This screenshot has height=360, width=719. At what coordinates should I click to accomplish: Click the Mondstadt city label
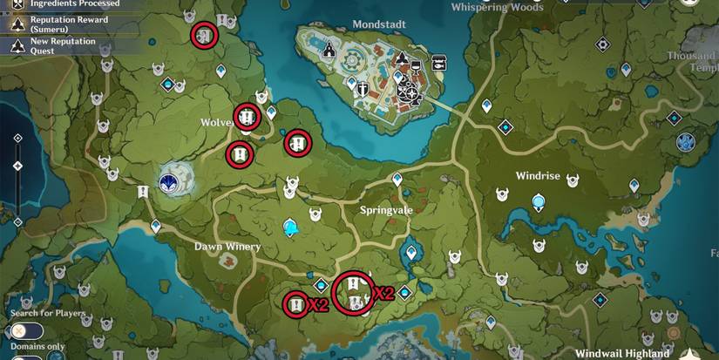coord(380,24)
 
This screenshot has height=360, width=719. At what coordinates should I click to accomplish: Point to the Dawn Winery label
coord(227,247)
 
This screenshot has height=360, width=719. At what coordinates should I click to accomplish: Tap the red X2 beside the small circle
coord(317,304)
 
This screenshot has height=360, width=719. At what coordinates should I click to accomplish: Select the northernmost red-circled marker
coord(205,36)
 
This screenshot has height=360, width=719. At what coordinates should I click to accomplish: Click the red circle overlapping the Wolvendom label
coord(248,117)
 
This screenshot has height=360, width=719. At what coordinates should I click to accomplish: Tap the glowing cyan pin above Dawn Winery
coord(289,228)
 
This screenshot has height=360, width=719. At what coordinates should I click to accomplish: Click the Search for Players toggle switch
coord(26,330)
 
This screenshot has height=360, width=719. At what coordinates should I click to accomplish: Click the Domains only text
coord(37,346)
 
